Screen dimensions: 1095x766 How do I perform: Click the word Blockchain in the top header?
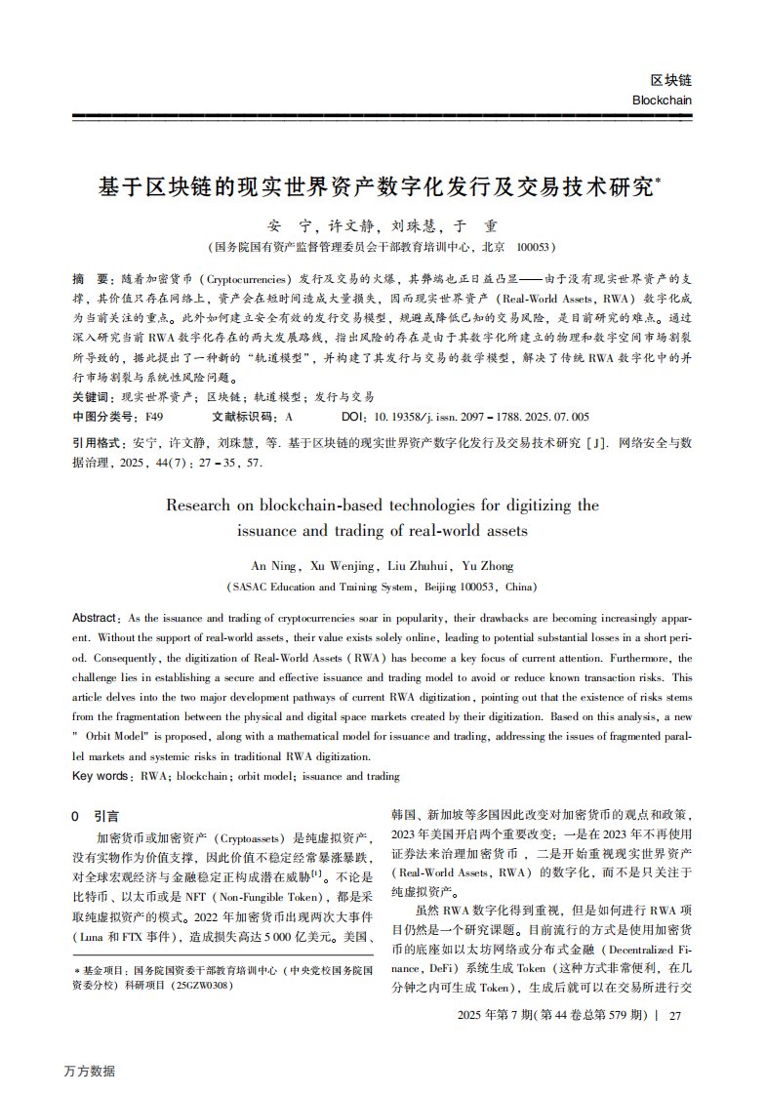click(662, 100)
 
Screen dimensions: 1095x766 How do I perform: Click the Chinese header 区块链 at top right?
click(670, 80)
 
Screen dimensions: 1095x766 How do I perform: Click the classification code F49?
click(155, 416)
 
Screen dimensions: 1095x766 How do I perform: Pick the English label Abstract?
click(95, 619)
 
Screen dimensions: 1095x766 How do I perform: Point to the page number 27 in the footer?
click(674, 1015)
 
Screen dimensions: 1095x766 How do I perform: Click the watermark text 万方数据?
click(90, 1071)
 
